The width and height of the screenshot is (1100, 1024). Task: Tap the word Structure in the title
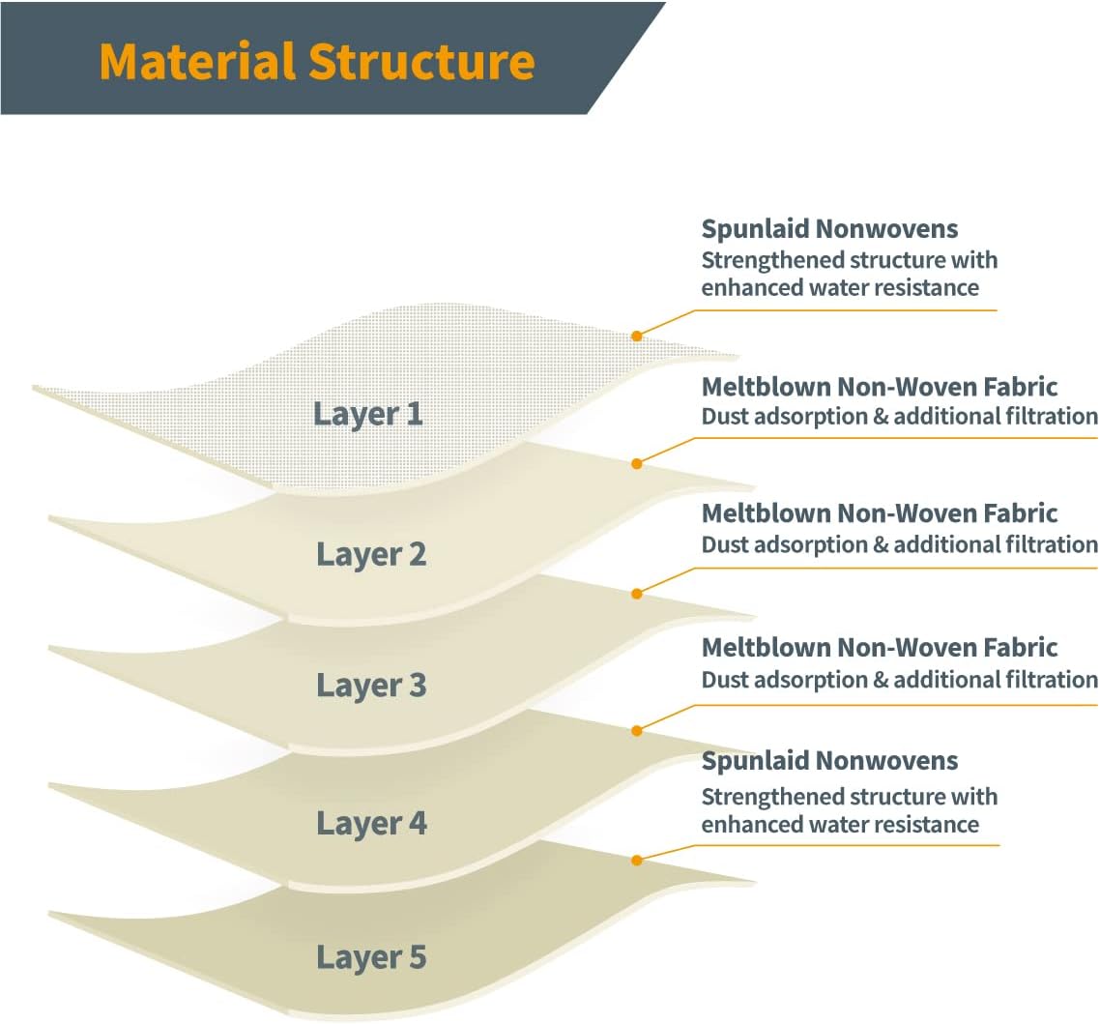click(x=421, y=61)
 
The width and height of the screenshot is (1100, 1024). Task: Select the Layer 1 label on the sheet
click(x=368, y=414)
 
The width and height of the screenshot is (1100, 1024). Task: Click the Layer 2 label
click(x=371, y=555)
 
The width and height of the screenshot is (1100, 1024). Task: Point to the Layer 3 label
click(x=371, y=686)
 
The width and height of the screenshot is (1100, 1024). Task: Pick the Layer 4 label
click(x=371, y=824)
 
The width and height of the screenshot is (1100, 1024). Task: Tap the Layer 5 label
click(x=371, y=957)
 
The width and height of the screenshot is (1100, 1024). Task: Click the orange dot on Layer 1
click(x=636, y=336)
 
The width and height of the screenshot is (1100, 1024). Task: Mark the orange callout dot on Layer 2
click(x=636, y=464)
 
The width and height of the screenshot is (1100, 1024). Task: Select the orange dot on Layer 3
click(x=636, y=594)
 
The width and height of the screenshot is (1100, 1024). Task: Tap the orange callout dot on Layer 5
click(x=636, y=860)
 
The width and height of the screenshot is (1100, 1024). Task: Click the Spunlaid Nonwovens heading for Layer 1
click(x=829, y=229)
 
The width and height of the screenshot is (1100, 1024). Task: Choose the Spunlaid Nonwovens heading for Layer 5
click(x=829, y=761)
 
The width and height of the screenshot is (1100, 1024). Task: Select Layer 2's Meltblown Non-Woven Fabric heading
click(x=880, y=387)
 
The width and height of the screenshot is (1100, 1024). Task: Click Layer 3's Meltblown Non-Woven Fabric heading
click(x=880, y=513)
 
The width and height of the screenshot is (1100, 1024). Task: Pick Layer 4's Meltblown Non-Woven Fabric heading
click(x=880, y=648)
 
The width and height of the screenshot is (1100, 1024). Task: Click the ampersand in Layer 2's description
click(x=881, y=417)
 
